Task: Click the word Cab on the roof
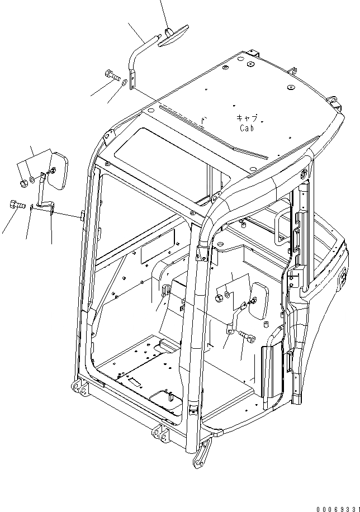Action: pyautogui.click(x=248, y=128)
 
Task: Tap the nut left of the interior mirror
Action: pyautogui.click(x=219, y=297)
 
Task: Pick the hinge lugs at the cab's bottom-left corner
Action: pyautogui.click(x=79, y=389)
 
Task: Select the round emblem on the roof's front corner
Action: pyautogui.click(x=305, y=174)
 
